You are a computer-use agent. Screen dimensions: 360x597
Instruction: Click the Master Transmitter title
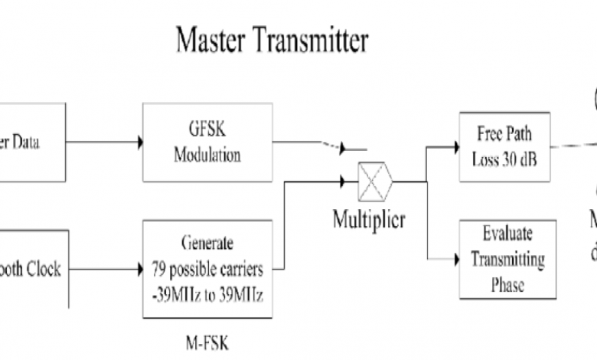pyautogui.click(x=272, y=40)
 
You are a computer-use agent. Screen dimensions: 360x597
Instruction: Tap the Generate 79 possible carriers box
pyautogui.click(x=207, y=270)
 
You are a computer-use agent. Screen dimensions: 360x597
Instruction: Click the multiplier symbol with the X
pyautogui.click(x=375, y=182)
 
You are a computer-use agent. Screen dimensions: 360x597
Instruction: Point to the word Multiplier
pyautogui.click(x=368, y=221)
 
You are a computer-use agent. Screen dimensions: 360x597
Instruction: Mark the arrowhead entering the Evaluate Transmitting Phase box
pyautogui.click(x=455, y=260)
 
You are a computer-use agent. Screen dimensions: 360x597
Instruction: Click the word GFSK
pyautogui.click(x=207, y=129)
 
